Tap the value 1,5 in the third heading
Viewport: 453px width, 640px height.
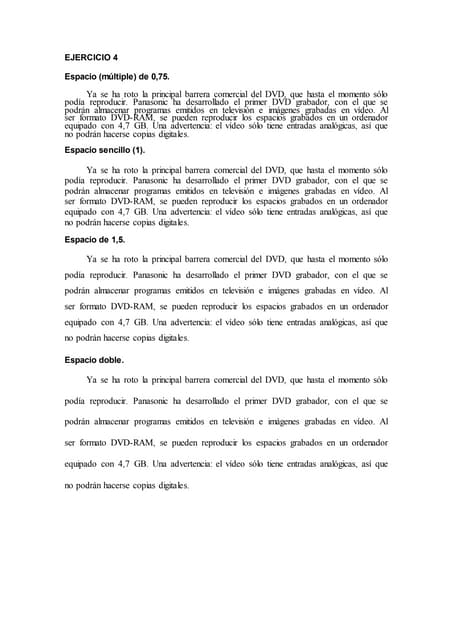click(x=116, y=241)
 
